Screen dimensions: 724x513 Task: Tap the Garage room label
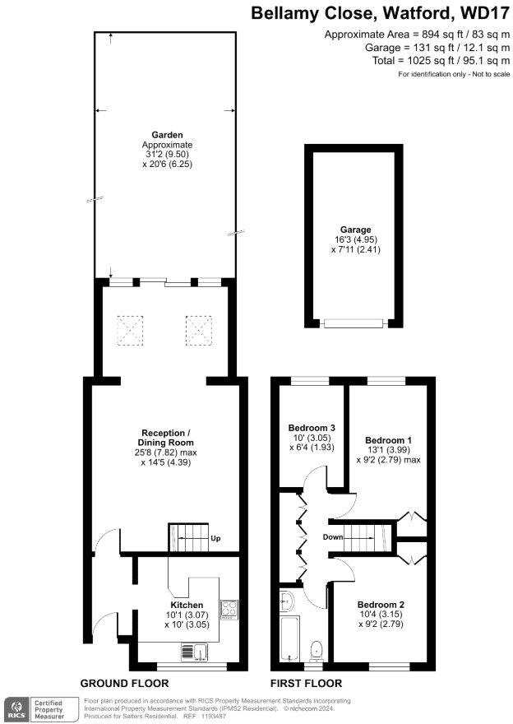tap(356, 230)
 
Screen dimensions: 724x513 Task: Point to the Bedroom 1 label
tap(388, 440)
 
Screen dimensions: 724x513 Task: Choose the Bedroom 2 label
tap(381, 603)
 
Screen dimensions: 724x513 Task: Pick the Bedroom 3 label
tap(312, 428)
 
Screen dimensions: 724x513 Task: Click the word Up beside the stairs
tap(216, 540)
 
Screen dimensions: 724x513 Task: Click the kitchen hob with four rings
tap(229, 610)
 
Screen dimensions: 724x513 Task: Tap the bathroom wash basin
tap(287, 601)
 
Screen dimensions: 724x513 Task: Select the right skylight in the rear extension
tap(198, 330)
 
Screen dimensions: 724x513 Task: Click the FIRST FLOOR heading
tap(306, 684)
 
